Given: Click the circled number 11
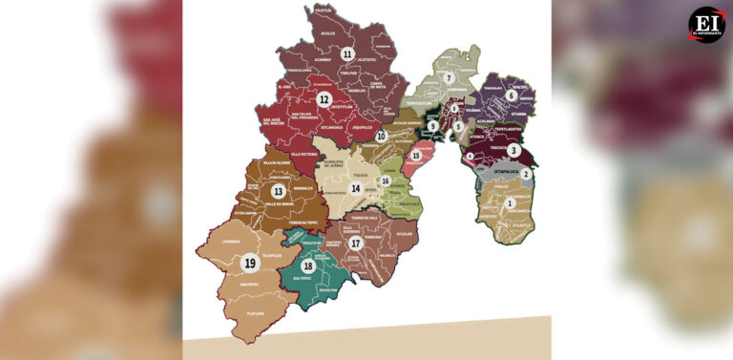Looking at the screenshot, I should click(347, 54).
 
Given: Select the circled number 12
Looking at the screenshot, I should click(325, 98).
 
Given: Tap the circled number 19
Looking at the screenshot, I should click(250, 263).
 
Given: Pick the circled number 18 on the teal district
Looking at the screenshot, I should click(307, 265).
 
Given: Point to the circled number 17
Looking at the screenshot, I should click(355, 243).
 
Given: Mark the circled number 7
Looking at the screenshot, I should click(448, 78).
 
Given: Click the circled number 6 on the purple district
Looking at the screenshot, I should click(512, 95).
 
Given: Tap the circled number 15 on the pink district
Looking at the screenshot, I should click(415, 155).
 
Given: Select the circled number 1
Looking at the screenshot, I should click(510, 202).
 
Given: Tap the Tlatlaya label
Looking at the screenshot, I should click(254, 313).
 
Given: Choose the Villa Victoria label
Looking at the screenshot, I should click(304, 154).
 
